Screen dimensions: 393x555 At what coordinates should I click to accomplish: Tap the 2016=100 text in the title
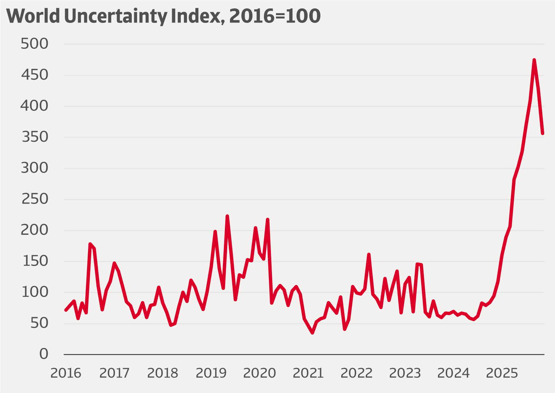pos(275,16)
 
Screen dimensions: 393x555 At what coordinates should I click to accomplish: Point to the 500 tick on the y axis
pos(34,44)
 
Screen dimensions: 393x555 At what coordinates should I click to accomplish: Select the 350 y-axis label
pos(35,137)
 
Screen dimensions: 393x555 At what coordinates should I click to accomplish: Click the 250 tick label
pos(35,199)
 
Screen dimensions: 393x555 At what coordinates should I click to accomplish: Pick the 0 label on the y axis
pos(44,354)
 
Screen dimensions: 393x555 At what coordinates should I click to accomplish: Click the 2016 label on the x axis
pos(66,373)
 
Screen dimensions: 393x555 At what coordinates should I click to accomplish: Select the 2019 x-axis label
pos(211,373)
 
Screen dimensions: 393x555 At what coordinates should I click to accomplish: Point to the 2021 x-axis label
pos(308,373)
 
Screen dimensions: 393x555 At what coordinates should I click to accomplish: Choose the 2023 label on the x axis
pos(405,373)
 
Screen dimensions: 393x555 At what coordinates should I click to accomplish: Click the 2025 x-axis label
pos(502,373)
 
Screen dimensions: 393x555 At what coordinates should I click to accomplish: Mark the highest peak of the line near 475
pos(534,60)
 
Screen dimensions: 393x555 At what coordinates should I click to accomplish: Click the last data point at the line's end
pos(543,133)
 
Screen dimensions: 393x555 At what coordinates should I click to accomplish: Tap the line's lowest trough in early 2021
pos(312,333)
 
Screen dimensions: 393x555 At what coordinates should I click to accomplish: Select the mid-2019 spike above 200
pos(227,216)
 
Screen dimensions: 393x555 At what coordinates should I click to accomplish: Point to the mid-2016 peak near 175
pos(90,244)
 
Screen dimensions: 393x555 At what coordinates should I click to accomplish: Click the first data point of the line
pos(66,310)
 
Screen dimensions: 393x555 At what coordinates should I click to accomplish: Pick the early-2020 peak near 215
pos(268,219)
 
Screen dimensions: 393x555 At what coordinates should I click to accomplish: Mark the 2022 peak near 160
pos(369,254)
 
